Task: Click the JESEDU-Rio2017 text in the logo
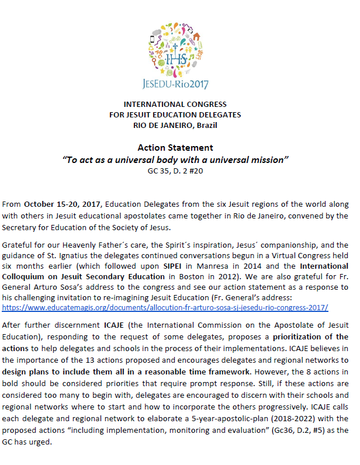[179, 83]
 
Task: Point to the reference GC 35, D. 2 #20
[179, 171]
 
